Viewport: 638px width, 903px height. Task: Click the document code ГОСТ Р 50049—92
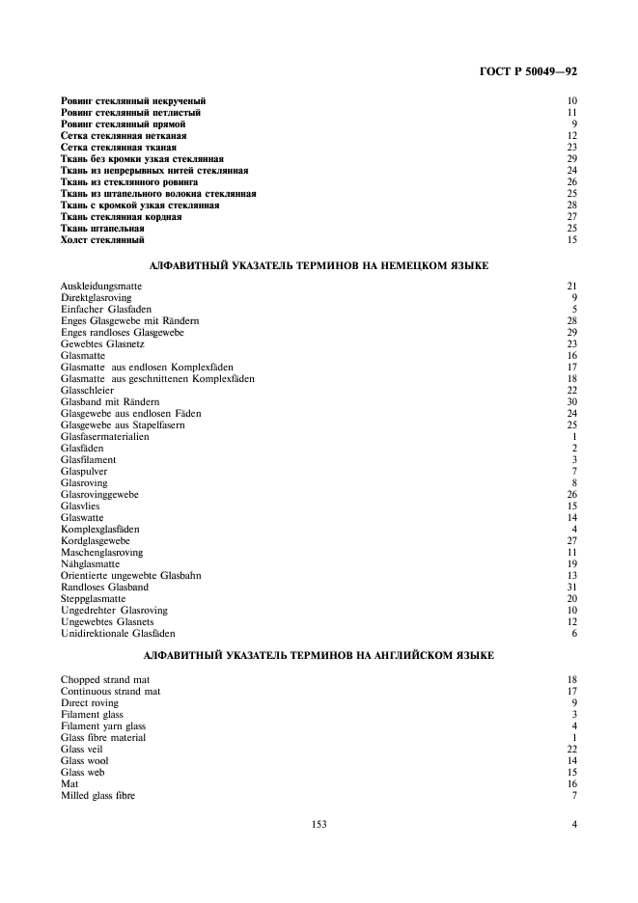tap(528, 70)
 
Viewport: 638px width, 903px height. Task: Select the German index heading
tap(319, 263)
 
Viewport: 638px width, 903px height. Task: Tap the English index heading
tap(319, 655)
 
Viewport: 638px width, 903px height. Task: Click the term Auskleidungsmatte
tap(98, 287)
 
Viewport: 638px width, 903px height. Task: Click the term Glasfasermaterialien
tap(104, 436)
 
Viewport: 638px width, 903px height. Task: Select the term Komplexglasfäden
tap(100, 529)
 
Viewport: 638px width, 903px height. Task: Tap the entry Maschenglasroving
tap(101, 552)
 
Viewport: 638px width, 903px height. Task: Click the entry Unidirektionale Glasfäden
tap(118, 633)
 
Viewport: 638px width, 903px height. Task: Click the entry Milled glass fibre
tap(97, 796)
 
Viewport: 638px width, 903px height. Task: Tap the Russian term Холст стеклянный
tap(102, 239)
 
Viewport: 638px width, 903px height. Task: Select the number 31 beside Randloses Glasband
tap(571, 587)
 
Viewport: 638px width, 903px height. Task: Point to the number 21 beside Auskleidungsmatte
tap(571, 287)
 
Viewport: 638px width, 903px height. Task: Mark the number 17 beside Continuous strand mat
tap(571, 692)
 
